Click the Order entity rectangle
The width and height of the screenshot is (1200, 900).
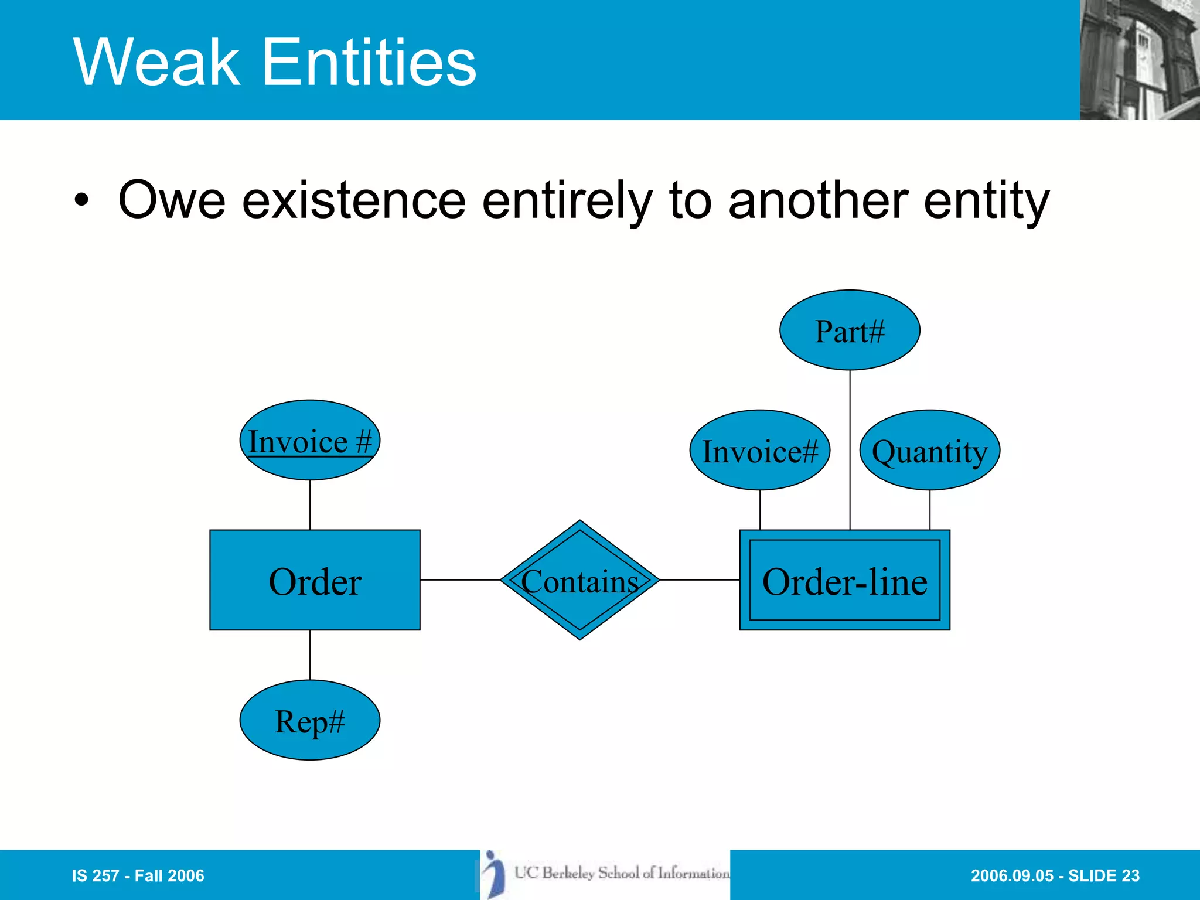[x=315, y=580]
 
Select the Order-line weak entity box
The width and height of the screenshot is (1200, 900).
[x=844, y=580]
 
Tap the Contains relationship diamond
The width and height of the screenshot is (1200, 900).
[x=579, y=580]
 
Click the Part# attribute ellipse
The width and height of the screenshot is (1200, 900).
[x=850, y=330]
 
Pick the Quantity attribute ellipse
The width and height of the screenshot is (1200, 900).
[x=929, y=450]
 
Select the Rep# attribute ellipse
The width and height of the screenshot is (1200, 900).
[x=309, y=720]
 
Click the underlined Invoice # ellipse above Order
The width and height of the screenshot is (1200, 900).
[x=309, y=440]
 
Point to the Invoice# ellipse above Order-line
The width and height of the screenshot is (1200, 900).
[x=759, y=450]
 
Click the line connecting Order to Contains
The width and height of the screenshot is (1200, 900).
[x=460, y=580]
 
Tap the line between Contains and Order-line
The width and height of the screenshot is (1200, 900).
[x=700, y=580]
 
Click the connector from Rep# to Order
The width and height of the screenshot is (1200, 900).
[x=309, y=655]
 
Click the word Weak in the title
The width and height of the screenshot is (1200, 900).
[x=156, y=62]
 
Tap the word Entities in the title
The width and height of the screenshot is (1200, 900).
[x=369, y=62]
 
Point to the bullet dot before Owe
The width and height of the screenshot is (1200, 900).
[x=82, y=201]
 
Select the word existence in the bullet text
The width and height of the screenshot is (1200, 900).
[x=354, y=201]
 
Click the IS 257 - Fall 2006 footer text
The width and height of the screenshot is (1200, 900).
[x=138, y=875]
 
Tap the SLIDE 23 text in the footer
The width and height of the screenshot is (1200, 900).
[x=1104, y=875]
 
